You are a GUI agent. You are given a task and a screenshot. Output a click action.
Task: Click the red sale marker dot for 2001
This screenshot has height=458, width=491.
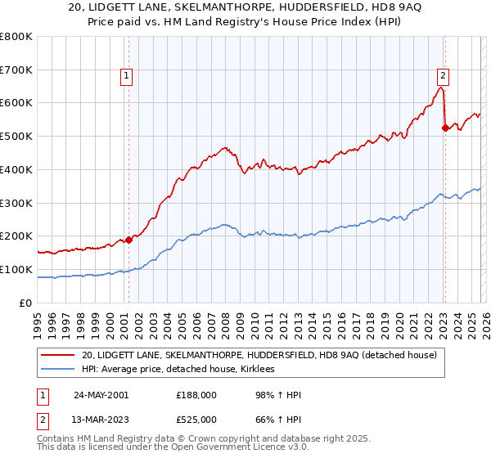tap(129, 240)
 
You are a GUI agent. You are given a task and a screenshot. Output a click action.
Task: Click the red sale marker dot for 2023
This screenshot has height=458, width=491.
tap(445, 128)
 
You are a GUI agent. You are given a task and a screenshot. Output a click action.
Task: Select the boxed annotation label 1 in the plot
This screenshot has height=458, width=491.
tap(128, 76)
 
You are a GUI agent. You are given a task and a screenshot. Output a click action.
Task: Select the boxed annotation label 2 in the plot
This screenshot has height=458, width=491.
tap(442, 76)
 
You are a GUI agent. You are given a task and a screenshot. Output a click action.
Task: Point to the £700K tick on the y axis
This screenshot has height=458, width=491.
tap(16, 70)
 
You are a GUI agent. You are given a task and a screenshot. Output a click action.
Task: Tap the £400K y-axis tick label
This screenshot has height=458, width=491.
tap(16, 170)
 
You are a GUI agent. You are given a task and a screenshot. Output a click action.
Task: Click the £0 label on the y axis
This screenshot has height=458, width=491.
tap(26, 303)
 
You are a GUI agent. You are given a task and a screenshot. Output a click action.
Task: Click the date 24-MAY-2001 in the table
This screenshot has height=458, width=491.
tap(101, 395)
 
